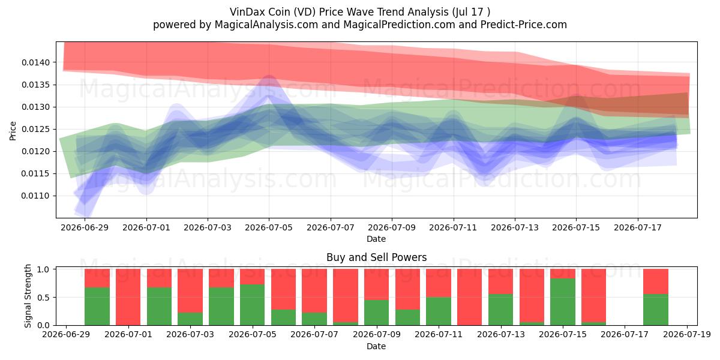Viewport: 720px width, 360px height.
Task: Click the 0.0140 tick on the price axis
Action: point(36,62)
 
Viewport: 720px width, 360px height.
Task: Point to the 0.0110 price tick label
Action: point(36,196)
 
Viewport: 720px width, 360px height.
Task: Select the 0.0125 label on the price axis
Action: point(36,129)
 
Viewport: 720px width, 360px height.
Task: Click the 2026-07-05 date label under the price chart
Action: point(269,227)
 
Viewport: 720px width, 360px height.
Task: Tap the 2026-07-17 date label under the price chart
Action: point(638,227)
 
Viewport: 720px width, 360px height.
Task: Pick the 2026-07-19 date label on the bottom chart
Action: point(687,334)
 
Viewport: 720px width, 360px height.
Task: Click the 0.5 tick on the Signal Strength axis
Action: point(44,298)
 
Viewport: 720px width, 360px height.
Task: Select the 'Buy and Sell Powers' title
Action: point(376,257)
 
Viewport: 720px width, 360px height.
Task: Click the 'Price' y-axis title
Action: point(13,131)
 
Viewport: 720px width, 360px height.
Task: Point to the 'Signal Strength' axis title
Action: point(28,296)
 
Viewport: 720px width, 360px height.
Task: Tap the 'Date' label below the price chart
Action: point(376,239)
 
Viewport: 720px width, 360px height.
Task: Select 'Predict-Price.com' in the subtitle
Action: point(524,25)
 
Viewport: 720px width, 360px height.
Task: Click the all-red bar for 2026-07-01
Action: point(128,297)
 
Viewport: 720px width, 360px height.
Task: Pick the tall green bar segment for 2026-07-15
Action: point(563,302)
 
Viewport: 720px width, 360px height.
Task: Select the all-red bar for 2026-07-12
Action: point(470,297)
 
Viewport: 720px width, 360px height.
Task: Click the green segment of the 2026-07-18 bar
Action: point(656,310)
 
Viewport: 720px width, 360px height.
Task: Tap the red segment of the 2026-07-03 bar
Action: point(190,291)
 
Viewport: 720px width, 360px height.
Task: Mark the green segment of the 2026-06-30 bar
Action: point(97,307)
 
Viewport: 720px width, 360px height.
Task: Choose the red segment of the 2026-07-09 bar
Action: point(376,284)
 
